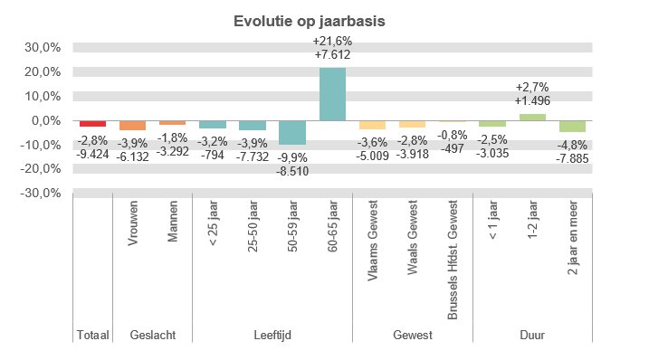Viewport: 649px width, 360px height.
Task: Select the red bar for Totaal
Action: point(92,124)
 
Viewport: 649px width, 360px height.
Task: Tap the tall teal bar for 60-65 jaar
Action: point(332,94)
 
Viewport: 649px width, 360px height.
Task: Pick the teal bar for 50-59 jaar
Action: point(292,133)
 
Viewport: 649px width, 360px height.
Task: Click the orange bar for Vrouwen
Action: point(132,125)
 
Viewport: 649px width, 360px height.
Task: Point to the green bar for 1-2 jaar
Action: point(532,117)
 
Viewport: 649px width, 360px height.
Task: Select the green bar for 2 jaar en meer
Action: point(572,127)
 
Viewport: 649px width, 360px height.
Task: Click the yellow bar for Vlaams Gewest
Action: point(372,125)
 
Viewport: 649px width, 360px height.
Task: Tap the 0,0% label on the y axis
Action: point(45,120)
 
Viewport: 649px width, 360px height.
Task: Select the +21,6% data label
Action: point(332,42)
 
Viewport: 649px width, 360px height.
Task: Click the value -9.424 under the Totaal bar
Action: point(92,154)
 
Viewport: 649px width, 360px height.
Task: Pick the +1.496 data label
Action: point(532,100)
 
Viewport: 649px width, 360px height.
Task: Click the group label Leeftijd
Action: point(272,335)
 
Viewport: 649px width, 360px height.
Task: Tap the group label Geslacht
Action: point(152,335)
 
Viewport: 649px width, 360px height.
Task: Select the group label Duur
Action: point(532,335)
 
